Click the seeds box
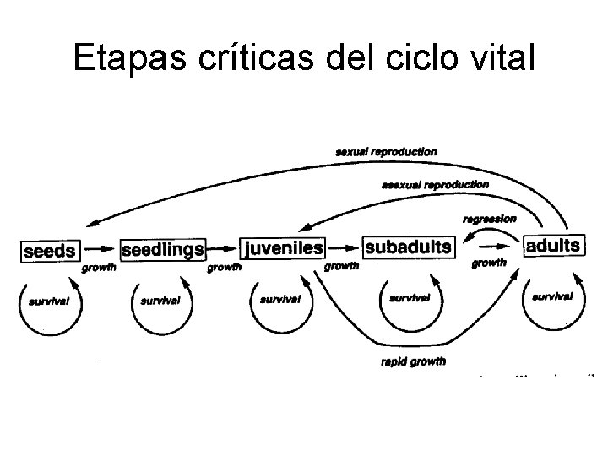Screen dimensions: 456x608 (x=50, y=251)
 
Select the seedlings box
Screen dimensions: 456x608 (x=163, y=250)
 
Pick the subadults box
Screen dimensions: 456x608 (x=408, y=247)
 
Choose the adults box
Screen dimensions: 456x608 (x=552, y=246)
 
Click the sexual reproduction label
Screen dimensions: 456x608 (x=386, y=152)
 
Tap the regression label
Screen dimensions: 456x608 (x=490, y=219)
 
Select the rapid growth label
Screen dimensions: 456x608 (x=415, y=361)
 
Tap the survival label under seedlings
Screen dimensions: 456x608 (x=160, y=301)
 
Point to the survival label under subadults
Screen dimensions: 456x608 (x=410, y=298)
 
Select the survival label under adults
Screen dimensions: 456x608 (x=552, y=296)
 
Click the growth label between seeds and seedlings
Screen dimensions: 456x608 (x=99, y=269)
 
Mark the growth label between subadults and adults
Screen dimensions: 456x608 (x=489, y=263)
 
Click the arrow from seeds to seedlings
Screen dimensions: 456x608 (x=100, y=250)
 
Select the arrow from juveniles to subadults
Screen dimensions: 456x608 (x=343, y=248)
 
